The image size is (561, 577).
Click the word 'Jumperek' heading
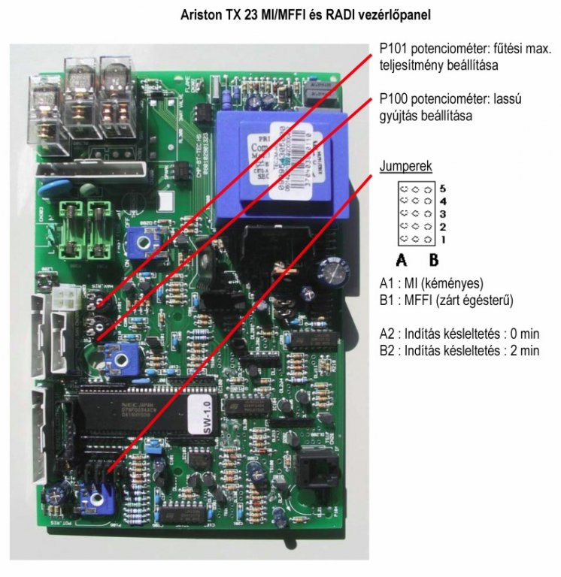(x=405, y=166)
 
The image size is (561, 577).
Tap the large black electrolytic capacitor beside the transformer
(x=330, y=271)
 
